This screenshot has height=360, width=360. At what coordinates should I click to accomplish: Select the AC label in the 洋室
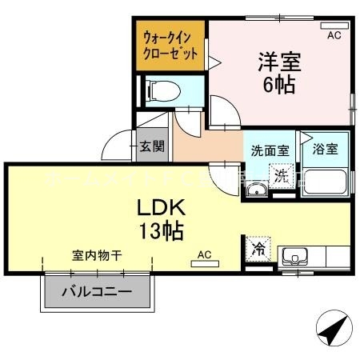pos(334,35)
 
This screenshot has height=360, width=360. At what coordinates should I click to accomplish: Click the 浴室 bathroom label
pos(326,149)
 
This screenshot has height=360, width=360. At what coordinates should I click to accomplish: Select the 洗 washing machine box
pos(282,175)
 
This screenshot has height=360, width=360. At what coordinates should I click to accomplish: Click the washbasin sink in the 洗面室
pos(258,190)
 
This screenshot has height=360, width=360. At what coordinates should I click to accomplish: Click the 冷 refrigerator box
pos(258,249)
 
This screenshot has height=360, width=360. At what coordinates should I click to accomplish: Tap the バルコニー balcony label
pos(98,292)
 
